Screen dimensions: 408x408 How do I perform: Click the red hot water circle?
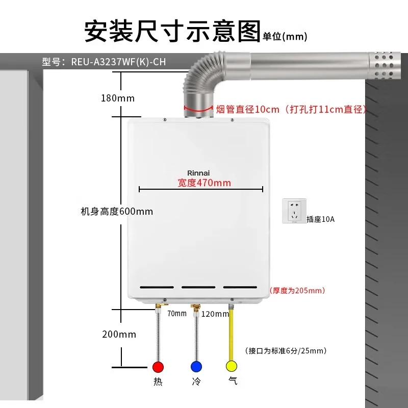pyautogui.click(x=158, y=367)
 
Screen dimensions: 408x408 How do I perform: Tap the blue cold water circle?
pyautogui.click(x=196, y=367)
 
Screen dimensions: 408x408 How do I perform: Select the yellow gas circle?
pyautogui.click(x=232, y=366)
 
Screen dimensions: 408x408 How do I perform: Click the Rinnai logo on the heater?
pyautogui.click(x=199, y=173)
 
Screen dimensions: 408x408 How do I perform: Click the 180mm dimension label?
pyautogui.click(x=118, y=98)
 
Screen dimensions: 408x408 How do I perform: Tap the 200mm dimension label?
pyautogui.click(x=119, y=335)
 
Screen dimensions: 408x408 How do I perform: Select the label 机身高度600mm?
pyautogui.click(x=117, y=211)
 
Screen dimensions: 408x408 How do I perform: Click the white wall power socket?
pyautogui.click(x=294, y=210)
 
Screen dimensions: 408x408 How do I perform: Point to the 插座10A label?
pyautogui.click(x=320, y=219)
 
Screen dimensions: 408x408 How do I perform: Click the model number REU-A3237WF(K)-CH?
pyautogui.click(x=118, y=62)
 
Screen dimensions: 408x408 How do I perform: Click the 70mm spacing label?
pyautogui.click(x=177, y=313)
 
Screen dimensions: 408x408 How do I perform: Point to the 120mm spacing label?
pyautogui.click(x=215, y=314)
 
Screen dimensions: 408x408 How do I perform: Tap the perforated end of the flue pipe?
pyautogui.click(x=385, y=65)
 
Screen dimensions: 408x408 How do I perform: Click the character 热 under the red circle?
pyautogui.click(x=158, y=381)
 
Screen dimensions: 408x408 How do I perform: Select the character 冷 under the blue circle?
pyautogui.click(x=196, y=381)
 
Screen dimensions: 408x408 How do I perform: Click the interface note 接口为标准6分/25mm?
pyautogui.click(x=286, y=350)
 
